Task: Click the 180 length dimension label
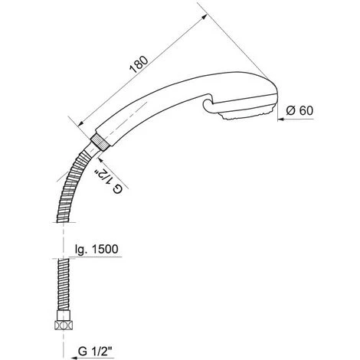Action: [139, 64]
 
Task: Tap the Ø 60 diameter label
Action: [299, 110]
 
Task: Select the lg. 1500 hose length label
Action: [97, 249]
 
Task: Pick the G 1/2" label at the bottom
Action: [95, 352]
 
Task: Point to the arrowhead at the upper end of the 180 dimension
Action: [205, 16]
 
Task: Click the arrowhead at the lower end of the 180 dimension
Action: [80, 123]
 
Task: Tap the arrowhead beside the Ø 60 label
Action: [281, 119]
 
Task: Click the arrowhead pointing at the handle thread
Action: [100, 160]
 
